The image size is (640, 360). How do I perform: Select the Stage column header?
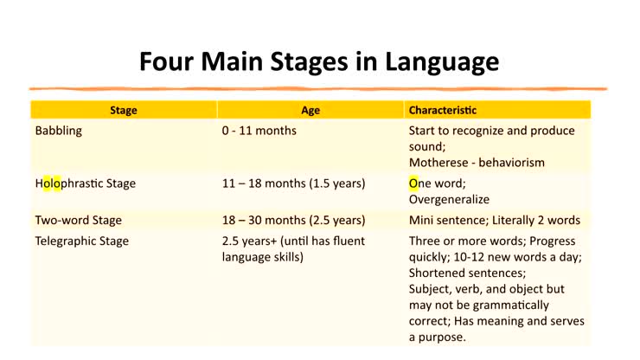pos(123,110)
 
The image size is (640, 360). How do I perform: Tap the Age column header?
pos(310,110)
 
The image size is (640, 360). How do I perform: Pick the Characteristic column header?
pos(443,110)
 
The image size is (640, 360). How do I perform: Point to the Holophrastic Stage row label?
pos(85,183)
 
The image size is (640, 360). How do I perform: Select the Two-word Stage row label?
pos(79,220)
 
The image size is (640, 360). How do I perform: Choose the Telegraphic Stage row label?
pos(81,241)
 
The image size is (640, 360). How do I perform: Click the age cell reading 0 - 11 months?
pos(259,131)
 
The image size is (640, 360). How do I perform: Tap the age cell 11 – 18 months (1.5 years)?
pos(293,183)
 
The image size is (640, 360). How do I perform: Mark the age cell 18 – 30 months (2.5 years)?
pos(293,220)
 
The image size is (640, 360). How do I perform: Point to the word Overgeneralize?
pos(452,198)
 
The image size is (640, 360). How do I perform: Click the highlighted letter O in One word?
pos(413,183)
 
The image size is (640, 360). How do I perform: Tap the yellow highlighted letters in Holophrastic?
pos(53,183)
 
